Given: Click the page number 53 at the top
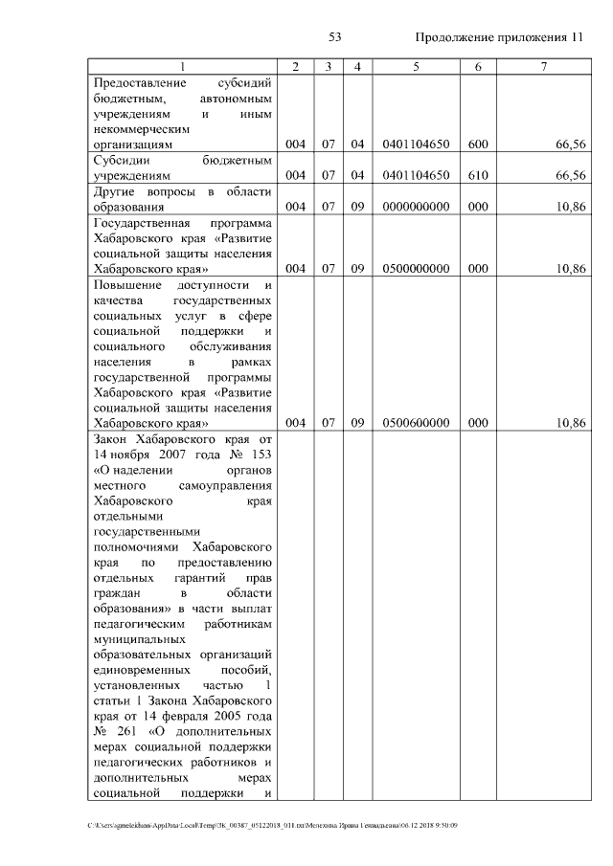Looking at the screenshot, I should coord(335,37).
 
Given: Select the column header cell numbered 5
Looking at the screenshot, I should coord(416,67).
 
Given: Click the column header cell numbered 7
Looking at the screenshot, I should coord(544,67).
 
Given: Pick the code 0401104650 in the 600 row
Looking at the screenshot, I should coord(416,144).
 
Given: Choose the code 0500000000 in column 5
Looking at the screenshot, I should coord(416,269).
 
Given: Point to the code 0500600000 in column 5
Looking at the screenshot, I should coord(416,424).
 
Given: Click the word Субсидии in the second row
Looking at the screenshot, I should coord(120,160).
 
